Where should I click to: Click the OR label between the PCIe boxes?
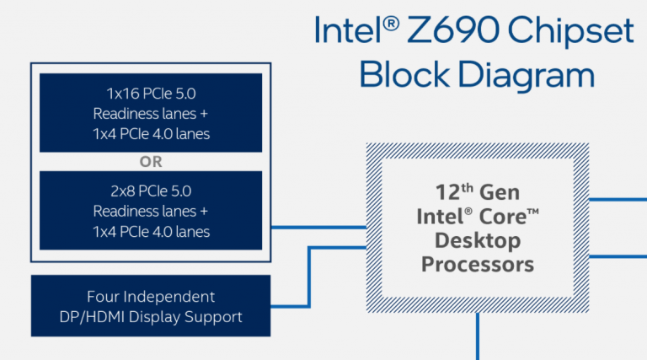click(152, 161)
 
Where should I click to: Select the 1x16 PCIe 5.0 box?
click(152, 112)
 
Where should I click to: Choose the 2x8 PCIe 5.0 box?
click(152, 210)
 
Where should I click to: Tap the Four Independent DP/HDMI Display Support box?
click(152, 307)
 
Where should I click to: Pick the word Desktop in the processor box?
click(477, 240)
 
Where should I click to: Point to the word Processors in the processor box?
click(477, 265)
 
